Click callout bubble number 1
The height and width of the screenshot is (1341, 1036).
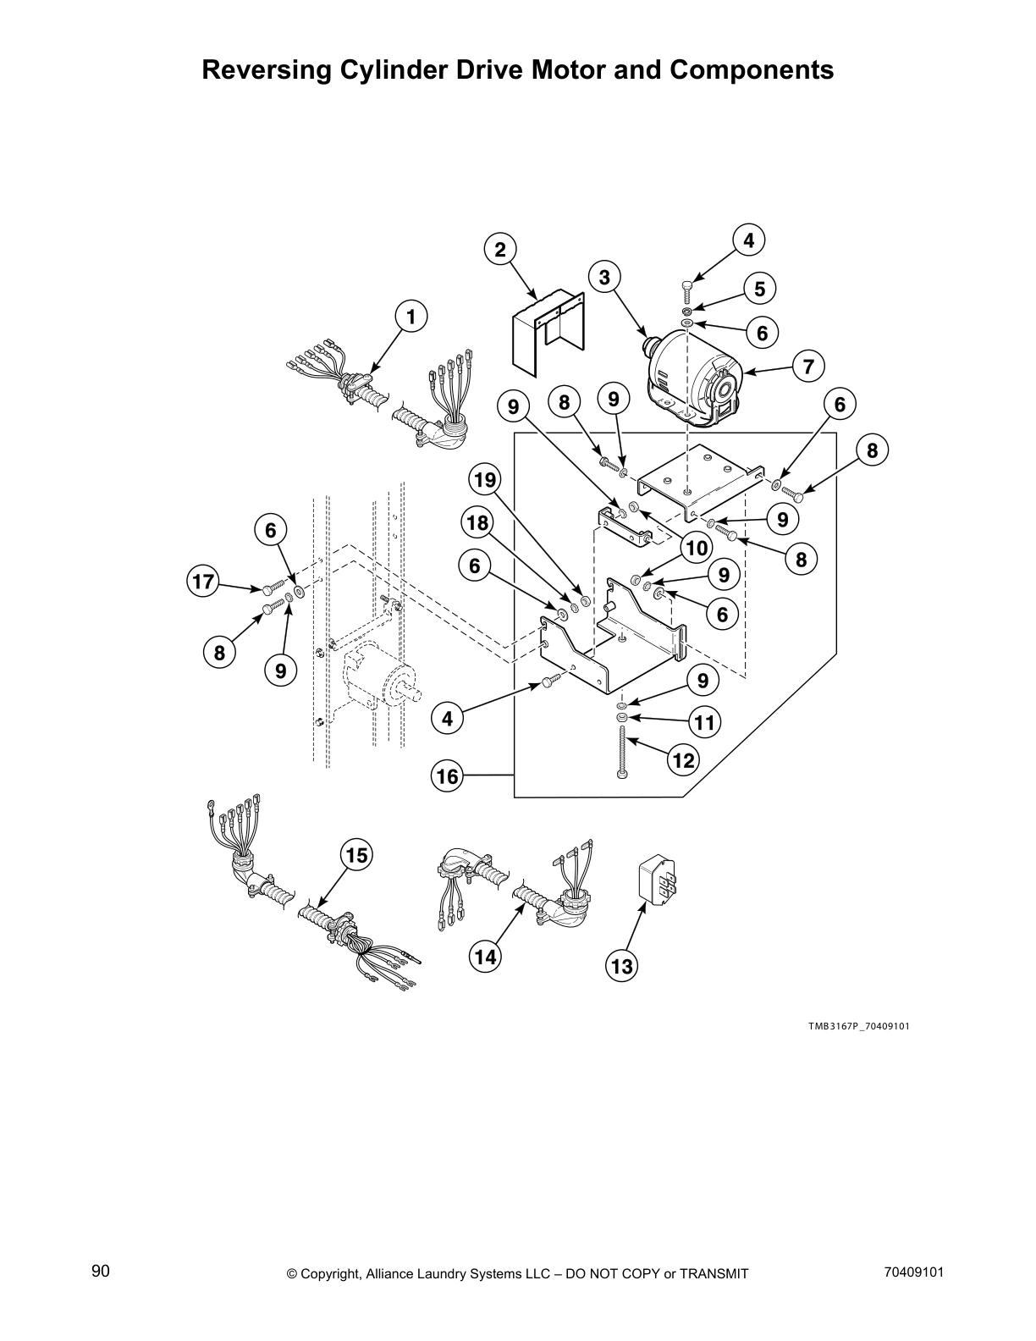411,317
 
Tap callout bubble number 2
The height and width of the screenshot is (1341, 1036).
500,249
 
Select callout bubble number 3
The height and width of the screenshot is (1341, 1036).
604,277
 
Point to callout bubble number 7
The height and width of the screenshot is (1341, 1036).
808,367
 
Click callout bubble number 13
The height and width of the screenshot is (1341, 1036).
621,966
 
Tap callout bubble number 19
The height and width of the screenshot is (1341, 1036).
485,481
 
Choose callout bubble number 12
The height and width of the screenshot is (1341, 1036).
682,760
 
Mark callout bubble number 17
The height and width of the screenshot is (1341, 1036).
203,582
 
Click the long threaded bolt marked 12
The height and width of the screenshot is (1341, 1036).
621,755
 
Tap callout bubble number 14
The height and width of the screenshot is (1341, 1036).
485,957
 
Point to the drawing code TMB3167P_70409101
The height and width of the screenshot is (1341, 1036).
857,1026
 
